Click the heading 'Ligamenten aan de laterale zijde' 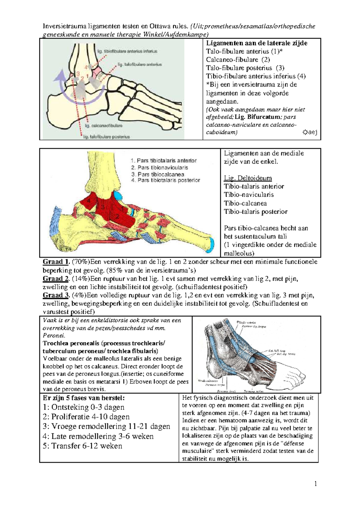click(256, 43)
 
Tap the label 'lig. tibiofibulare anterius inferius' click(127, 51)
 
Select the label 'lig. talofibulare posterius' click(107, 137)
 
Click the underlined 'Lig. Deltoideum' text click(248, 178)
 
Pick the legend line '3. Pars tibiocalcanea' click(157, 174)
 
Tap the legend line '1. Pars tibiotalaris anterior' click(164, 161)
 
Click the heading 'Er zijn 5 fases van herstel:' click(84, 398)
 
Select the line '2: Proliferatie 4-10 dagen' click(86, 417)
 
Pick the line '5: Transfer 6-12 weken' click(82, 446)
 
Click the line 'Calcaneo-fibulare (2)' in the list click(238, 60)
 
